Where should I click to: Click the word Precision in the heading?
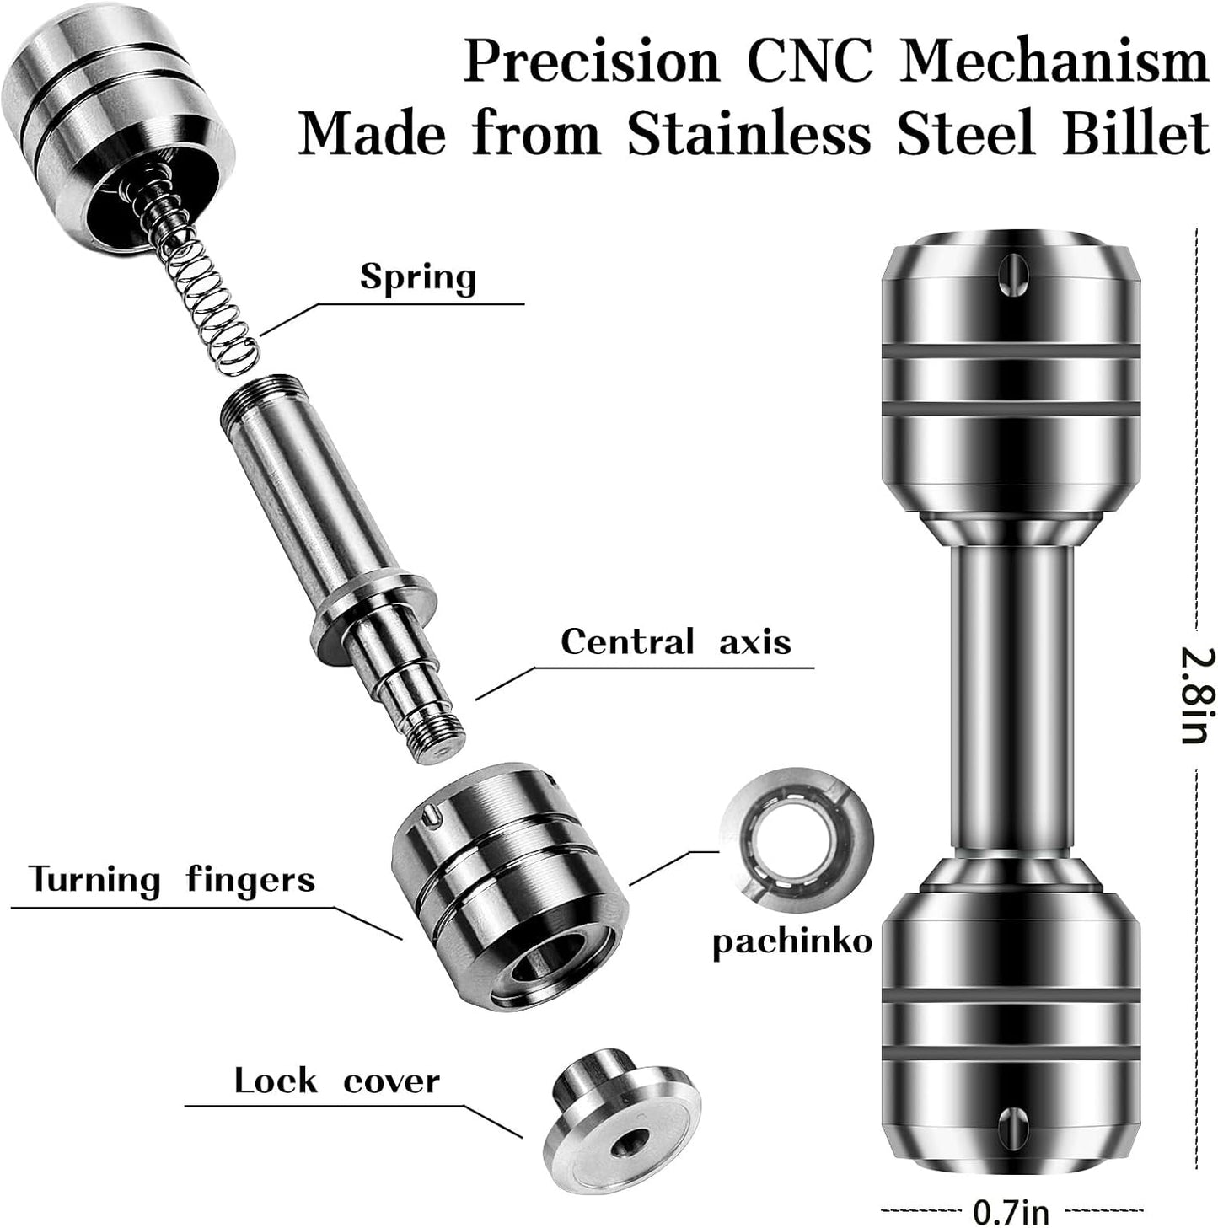(x=592, y=62)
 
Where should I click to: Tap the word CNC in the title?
(x=810, y=62)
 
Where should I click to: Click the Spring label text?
(x=418, y=278)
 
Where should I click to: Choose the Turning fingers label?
(x=173, y=881)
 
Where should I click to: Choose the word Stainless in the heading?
(x=749, y=134)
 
